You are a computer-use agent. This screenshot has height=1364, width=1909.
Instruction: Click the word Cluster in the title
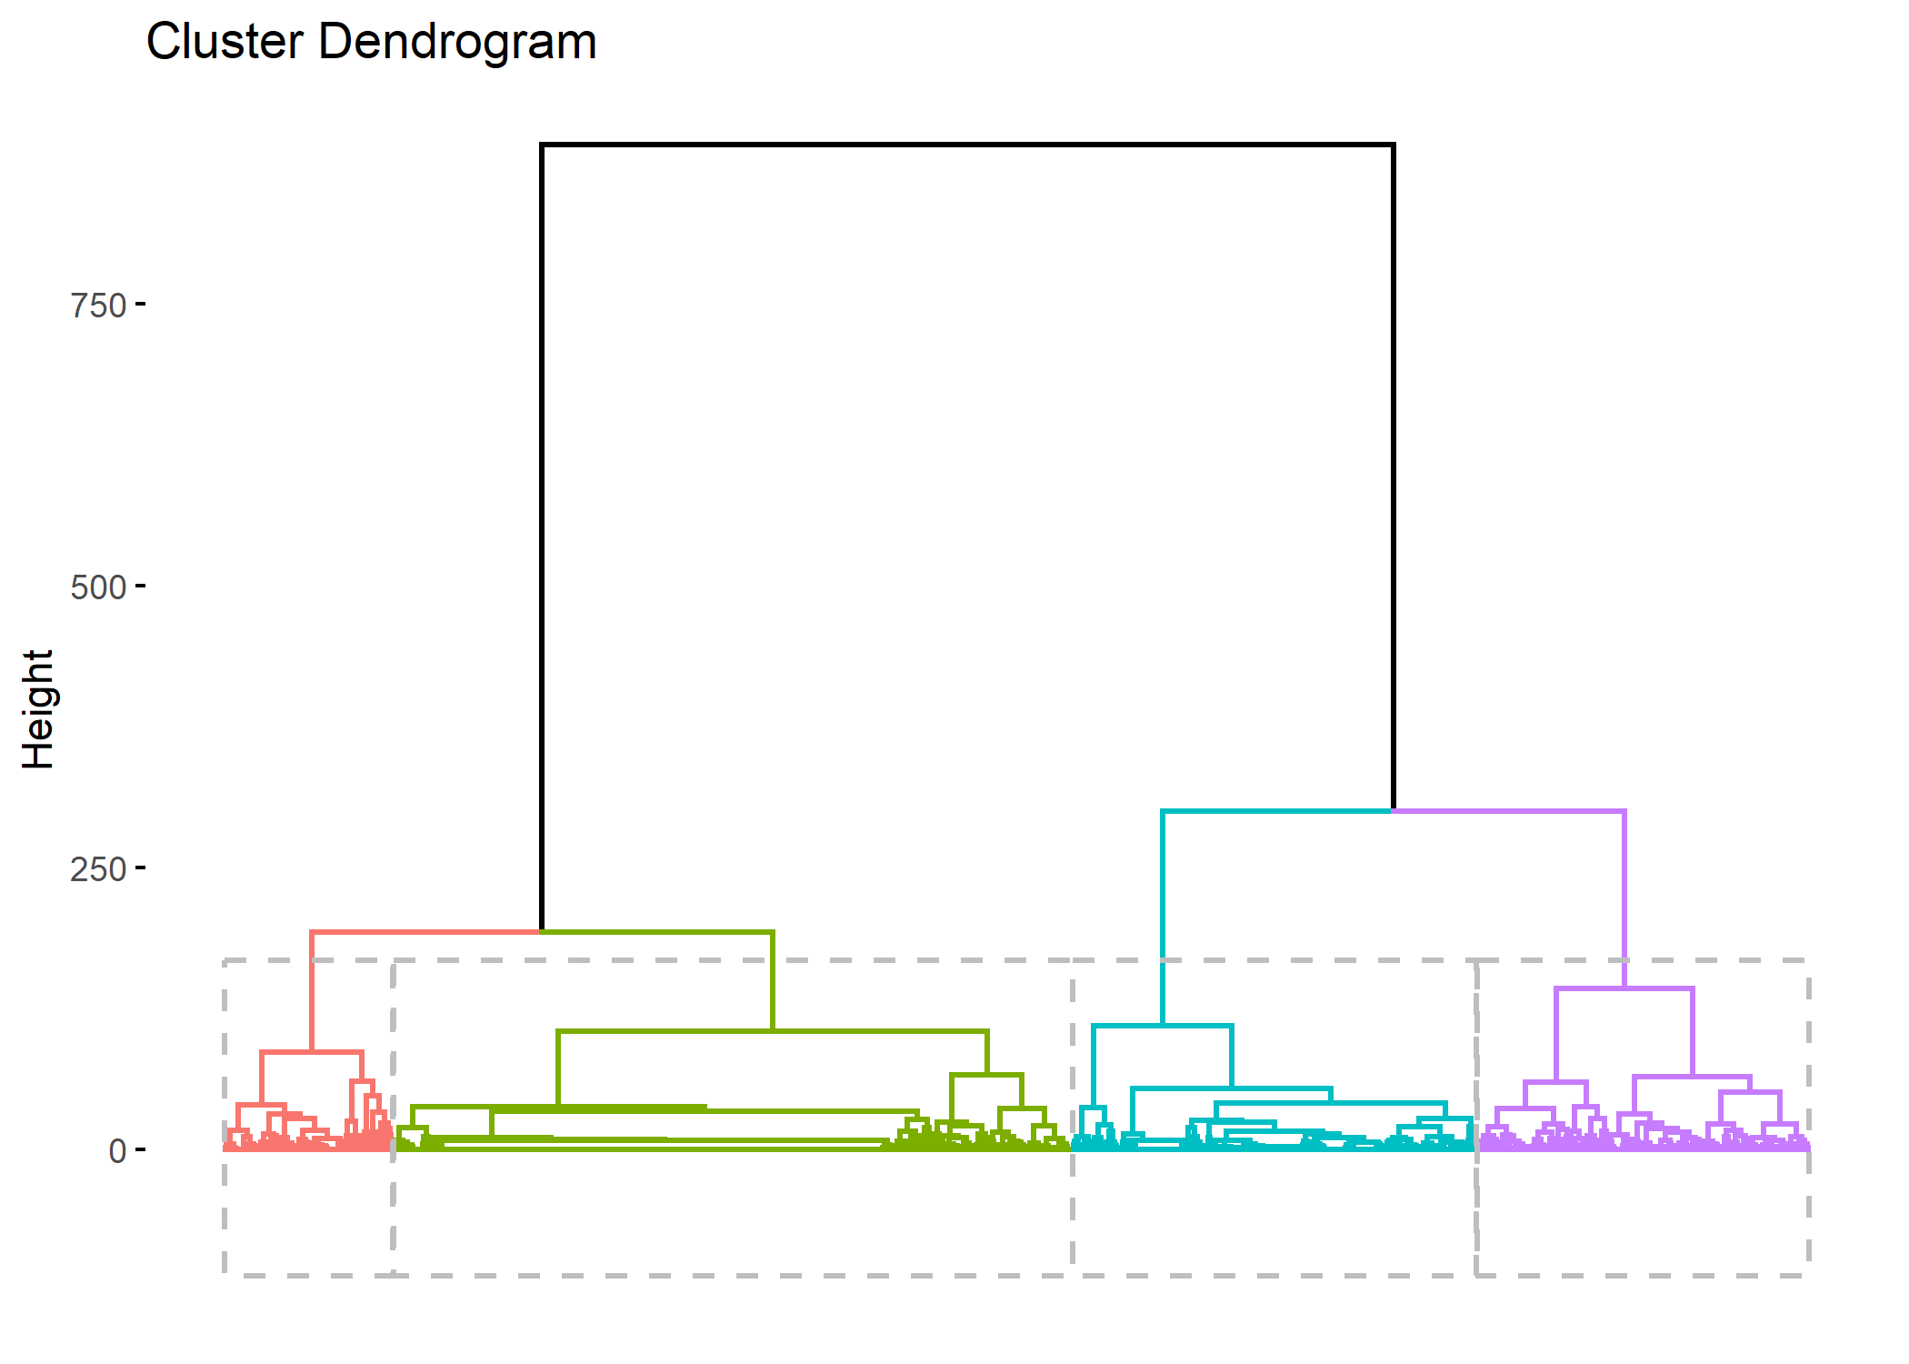[225, 42]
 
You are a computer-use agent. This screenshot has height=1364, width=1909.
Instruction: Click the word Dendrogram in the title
[457, 42]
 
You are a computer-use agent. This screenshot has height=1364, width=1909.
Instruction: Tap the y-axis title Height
[38, 709]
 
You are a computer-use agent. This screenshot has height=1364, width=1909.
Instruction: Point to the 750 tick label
[98, 306]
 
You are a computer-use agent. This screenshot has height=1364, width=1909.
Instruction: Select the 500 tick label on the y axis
[98, 587]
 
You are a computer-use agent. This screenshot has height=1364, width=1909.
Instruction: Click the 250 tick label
[98, 869]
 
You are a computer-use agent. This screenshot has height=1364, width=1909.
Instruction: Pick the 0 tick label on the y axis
[117, 1151]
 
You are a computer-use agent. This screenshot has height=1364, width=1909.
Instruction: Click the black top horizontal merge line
[967, 145]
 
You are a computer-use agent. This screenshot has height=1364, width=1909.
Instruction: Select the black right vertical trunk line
[1393, 473]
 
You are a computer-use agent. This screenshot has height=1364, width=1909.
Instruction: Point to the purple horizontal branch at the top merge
[1509, 811]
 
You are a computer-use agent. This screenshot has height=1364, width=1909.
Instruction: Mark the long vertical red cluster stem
[312, 991]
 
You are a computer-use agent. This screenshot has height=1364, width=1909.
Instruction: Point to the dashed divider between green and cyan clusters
[1073, 1209]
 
